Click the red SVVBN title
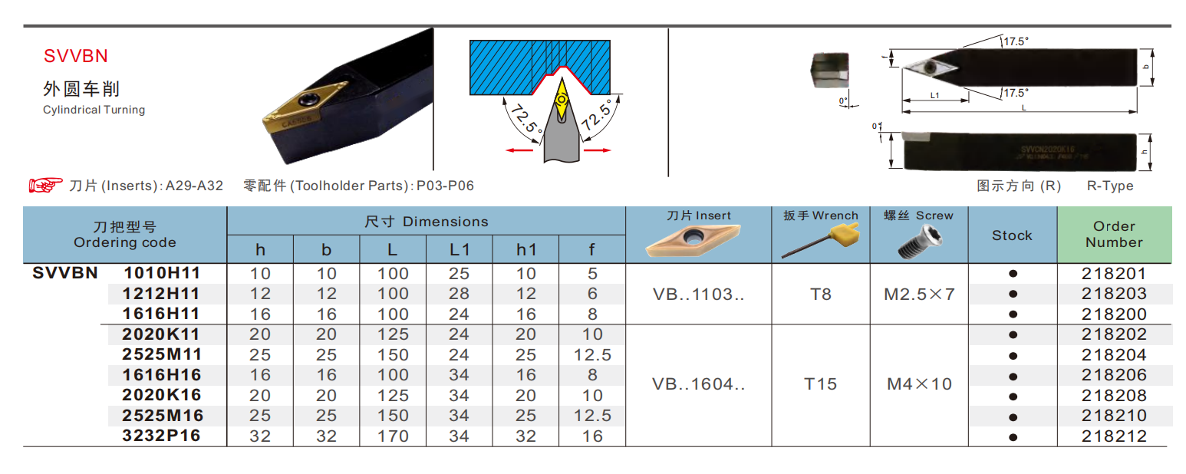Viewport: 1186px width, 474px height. (76, 56)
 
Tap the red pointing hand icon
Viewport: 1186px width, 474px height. (45, 185)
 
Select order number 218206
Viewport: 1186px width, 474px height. (1114, 375)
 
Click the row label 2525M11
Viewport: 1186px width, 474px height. (162, 354)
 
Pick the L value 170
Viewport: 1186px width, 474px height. (393, 436)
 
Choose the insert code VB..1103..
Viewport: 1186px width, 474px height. (698, 294)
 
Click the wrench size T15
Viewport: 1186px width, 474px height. (820, 384)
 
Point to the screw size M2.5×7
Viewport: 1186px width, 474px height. (919, 294)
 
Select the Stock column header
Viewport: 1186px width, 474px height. (1012, 235)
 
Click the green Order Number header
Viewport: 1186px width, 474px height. (1114, 234)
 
